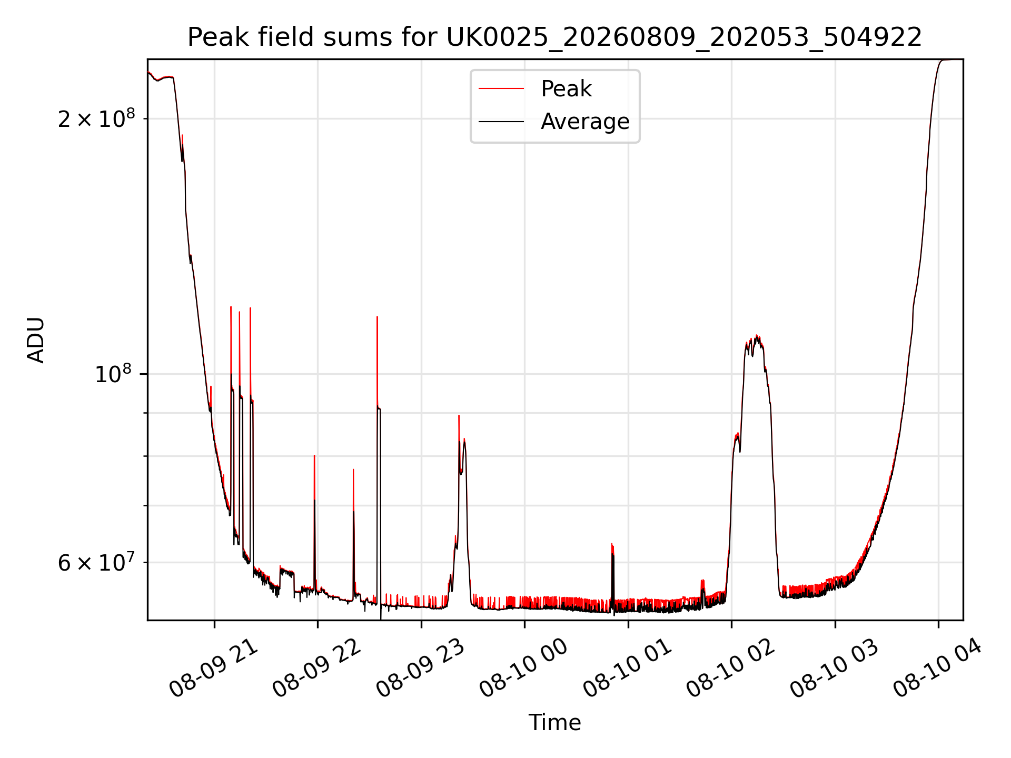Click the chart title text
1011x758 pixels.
click(554, 37)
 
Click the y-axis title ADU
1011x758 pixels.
click(36, 340)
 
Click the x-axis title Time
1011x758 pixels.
click(555, 723)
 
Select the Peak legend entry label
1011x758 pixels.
click(566, 89)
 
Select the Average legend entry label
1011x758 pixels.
click(585, 122)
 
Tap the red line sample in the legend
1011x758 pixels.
click(501, 89)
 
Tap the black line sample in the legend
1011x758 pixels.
click(501, 122)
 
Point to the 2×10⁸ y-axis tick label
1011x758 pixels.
click(96, 118)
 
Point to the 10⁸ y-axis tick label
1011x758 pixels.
click(113, 374)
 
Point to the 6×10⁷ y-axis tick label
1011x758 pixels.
click(96, 562)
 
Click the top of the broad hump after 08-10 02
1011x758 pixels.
click(757, 335)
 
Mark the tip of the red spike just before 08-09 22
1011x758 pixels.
click(314, 456)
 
